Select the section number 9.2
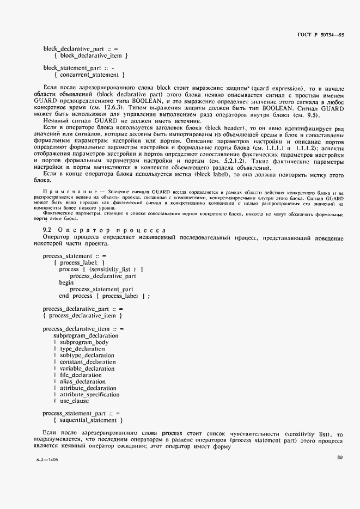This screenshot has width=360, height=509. (x=48, y=230)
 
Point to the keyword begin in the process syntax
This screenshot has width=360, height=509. (x=66, y=283)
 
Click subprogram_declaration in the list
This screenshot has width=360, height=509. (x=86, y=336)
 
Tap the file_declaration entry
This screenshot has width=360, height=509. (x=81, y=375)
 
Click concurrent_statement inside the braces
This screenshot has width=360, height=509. (x=89, y=75)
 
